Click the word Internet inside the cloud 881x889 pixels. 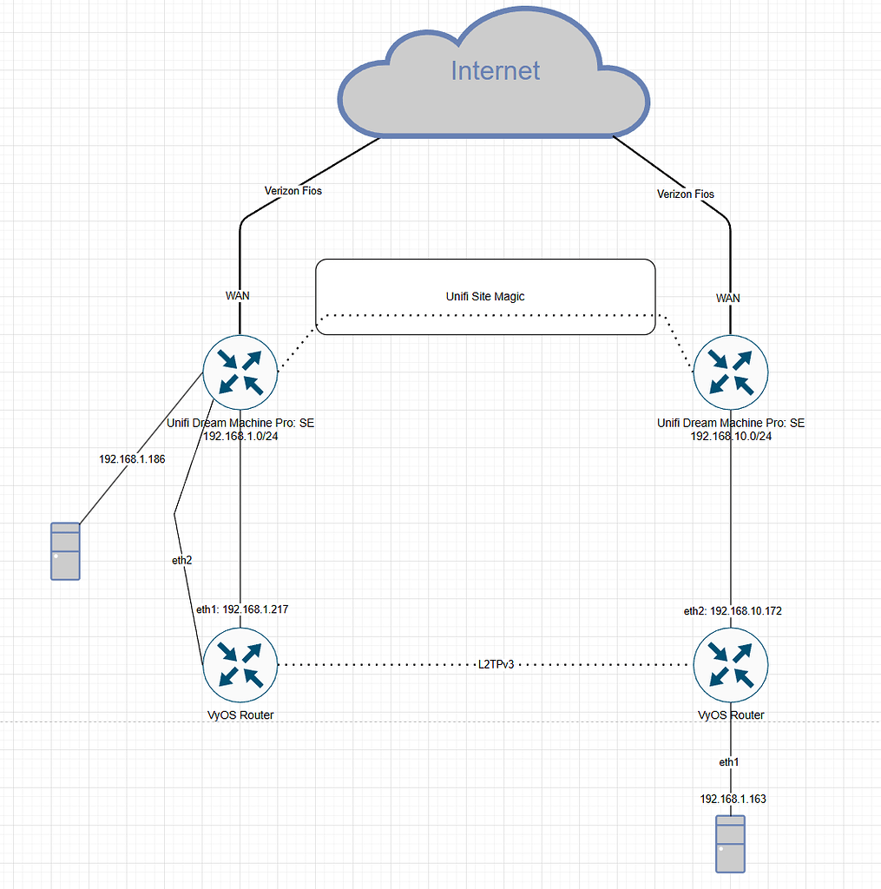pos(495,70)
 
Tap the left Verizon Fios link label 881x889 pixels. pos(293,190)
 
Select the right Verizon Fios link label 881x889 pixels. pos(686,194)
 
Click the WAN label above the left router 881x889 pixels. pos(238,295)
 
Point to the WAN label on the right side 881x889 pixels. pos(728,298)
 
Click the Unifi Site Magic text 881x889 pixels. pos(484,296)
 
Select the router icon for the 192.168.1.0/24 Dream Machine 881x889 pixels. pos(240,372)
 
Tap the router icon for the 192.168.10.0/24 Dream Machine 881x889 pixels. pos(730,372)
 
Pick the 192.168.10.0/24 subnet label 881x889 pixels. pos(731,436)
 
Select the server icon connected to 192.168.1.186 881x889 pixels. pos(65,551)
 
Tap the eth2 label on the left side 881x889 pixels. pos(181,561)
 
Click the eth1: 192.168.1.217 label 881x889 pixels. pos(242,609)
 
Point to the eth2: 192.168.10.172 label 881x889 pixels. pos(733,611)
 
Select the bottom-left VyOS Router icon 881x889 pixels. pos(240,665)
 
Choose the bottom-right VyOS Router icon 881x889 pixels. pos(730,665)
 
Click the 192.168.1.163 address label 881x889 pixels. pos(733,798)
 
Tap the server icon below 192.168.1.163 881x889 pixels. pos(730,844)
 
